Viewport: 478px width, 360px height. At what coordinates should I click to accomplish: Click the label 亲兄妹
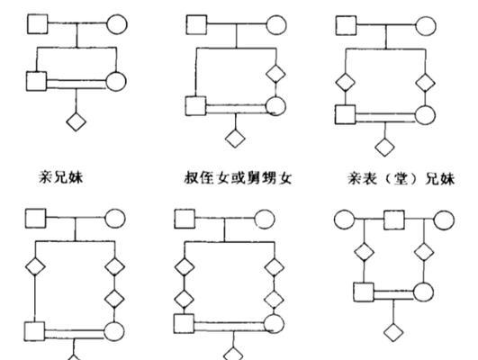coord(61,177)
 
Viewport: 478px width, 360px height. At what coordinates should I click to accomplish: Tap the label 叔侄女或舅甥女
coord(238,177)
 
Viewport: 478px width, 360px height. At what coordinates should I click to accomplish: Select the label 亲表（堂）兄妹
coord(401,178)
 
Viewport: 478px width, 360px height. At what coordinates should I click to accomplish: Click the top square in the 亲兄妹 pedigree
coord(38,23)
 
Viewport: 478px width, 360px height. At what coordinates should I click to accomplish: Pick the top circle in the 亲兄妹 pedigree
coord(117,23)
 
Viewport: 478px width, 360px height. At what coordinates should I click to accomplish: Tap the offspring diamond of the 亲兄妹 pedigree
coord(77,121)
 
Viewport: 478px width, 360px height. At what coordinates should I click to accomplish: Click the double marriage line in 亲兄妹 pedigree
coord(77,84)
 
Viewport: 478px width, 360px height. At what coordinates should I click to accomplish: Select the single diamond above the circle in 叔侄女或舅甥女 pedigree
coord(275,74)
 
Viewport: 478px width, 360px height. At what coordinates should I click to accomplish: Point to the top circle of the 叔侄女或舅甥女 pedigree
coord(276,24)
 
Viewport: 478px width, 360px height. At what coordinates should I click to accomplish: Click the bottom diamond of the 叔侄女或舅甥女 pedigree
coord(235,138)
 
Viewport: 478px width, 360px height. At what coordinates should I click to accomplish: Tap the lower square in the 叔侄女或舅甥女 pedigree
coord(195,106)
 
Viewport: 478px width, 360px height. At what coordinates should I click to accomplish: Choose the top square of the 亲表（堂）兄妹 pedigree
coord(346,25)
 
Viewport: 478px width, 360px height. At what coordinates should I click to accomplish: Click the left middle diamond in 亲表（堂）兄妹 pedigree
coord(346,82)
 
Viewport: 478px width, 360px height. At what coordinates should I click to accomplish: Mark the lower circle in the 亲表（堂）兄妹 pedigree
coord(425,114)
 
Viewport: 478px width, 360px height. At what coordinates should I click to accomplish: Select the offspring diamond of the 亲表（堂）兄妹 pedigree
coord(384,147)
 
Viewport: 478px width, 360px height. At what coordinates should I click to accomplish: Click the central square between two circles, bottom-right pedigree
coord(394,220)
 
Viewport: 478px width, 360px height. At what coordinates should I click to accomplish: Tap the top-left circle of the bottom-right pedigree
coord(345,220)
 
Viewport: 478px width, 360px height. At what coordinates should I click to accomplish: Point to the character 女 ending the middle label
coord(284,178)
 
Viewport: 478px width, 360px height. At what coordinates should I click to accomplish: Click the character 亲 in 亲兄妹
coord(46,177)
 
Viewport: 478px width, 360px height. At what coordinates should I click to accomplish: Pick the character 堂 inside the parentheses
coord(401,178)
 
